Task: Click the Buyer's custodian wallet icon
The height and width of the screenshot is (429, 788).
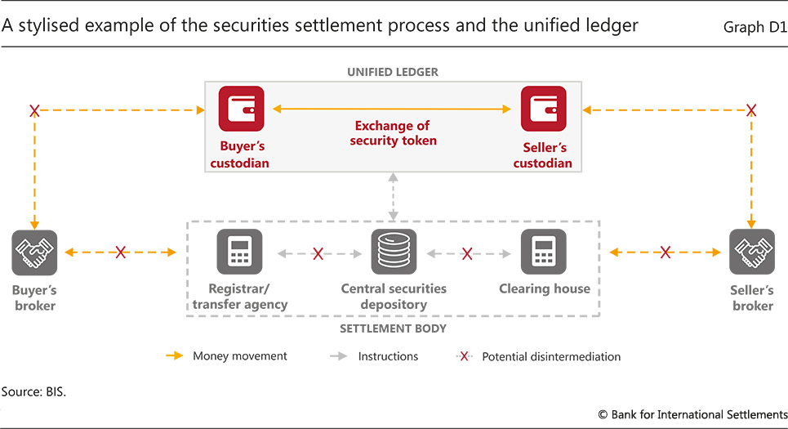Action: point(241,109)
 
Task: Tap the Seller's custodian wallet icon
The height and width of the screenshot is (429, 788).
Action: point(544,109)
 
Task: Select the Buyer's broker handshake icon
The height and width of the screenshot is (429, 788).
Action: point(34,252)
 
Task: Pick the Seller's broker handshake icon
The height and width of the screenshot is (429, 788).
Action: point(752,252)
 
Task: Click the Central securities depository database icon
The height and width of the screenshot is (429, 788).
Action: point(394,252)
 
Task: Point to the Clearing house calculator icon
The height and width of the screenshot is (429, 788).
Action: point(544,252)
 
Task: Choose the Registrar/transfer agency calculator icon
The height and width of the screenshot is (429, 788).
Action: point(240,252)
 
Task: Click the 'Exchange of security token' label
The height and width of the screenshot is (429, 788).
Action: point(393,133)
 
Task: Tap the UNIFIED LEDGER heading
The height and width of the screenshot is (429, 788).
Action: point(393,72)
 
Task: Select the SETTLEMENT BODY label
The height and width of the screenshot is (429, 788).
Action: point(393,328)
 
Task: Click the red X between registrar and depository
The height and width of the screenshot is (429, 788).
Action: point(318,253)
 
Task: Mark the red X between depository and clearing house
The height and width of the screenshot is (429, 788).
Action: point(467,253)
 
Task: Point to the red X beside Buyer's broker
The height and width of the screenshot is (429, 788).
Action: point(121,252)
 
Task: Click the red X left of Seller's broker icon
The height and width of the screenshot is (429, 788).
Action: point(666,252)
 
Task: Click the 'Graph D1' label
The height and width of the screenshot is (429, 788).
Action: point(755,27)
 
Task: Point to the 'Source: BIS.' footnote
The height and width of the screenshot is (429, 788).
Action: point(33,392)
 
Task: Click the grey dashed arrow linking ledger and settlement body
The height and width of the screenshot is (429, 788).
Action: point(394,196)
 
